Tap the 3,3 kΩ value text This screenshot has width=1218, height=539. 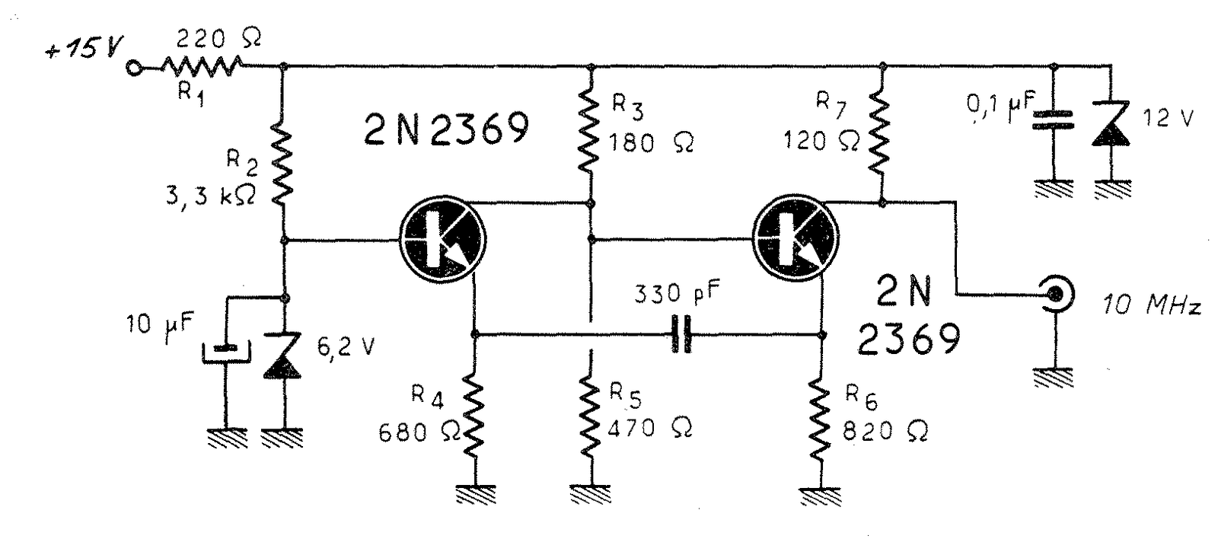tap(210, 195)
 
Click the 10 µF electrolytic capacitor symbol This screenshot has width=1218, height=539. tap(226, 352)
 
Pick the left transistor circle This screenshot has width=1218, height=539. tap(442, 239)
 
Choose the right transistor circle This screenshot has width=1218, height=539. tap(796, 239)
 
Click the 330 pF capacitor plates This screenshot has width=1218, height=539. tap(682, 333)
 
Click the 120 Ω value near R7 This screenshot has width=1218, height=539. tap(821, 141)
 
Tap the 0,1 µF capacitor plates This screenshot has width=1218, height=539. tap(1054, 120)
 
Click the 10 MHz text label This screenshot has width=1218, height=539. tap(1151, 305)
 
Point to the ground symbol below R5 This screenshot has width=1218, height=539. tap(591, 494)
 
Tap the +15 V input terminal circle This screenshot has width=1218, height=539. tap(132, 68)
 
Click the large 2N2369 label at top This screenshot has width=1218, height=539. tap(446, 129)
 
